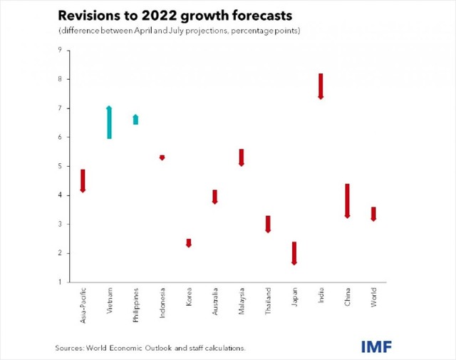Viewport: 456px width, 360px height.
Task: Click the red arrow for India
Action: point(321,86)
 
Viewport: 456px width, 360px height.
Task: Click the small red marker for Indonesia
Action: point(162,157)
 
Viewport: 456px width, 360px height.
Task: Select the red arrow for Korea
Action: point(189,243)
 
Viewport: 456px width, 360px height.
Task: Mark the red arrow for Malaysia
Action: point(242,158)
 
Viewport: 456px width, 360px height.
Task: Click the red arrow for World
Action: point(373,214)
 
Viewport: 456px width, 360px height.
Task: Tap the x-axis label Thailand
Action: point(268,302)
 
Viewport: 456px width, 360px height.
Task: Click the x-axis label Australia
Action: point(215,303)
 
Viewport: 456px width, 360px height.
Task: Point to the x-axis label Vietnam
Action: point(109,302)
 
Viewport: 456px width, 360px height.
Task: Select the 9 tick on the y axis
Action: point(60,50)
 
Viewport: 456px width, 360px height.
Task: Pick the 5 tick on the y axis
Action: point(60,166)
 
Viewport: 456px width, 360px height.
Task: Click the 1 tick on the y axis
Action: point(60,282)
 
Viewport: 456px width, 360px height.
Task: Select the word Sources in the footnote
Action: point(71,348)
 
